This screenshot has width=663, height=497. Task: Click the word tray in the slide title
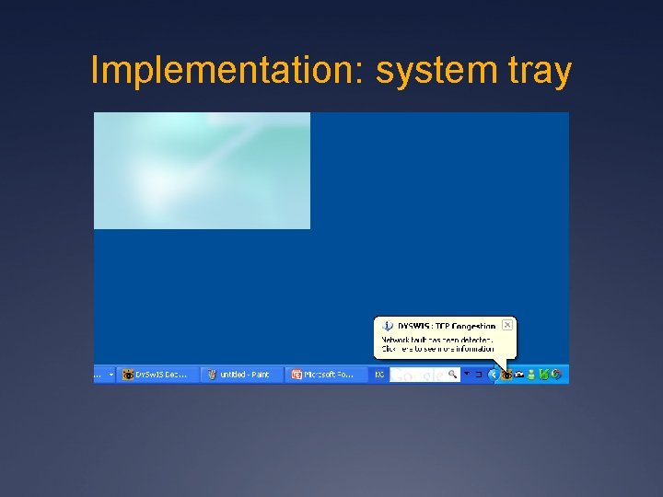point(536,70)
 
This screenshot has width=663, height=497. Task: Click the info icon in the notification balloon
point(389,326)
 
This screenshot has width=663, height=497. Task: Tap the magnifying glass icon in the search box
point(452,375)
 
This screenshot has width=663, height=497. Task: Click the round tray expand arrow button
point(494,375)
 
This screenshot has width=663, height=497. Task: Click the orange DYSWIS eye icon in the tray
point(506,375)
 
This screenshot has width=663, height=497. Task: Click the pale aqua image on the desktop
point(202,170)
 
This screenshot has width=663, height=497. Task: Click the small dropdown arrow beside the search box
point(467,374)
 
